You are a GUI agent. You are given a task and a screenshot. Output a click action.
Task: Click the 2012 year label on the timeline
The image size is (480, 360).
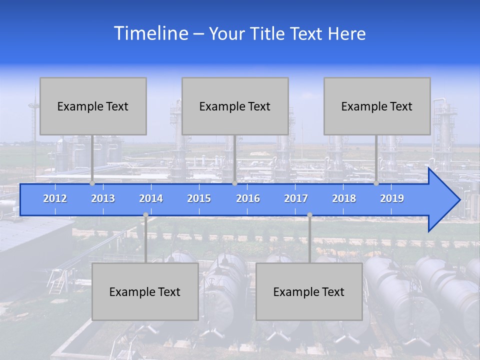(x=55, y=198)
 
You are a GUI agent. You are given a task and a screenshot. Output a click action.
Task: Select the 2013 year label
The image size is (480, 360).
(x=103, y=198)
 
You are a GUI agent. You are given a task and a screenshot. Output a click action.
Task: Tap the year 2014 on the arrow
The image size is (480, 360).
(x=151, y=198)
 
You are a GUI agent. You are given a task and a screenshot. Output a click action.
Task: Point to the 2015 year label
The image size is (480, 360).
(x=199, y=198)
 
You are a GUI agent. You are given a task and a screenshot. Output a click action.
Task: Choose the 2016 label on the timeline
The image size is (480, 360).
(x=248, y=198)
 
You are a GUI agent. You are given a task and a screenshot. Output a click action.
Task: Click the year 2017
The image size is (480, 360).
(x=296, y=198)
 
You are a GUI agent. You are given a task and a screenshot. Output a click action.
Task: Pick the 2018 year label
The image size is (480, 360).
(x=344, y=198)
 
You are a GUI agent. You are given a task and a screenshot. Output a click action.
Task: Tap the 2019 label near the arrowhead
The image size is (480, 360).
(x=392, y=198)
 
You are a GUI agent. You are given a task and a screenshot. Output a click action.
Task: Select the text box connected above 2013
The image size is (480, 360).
(x=93, y=106)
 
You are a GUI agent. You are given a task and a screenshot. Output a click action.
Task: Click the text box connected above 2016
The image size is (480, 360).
(x=235, y=106)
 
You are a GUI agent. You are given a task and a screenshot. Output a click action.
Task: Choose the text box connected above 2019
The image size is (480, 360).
(x=377, y=106)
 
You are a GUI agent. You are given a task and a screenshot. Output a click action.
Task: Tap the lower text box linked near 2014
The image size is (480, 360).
(x=145, y=291)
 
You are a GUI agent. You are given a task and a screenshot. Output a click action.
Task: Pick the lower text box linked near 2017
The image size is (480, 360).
(x=309, y=291)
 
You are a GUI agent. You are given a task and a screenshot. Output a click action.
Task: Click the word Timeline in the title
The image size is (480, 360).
(x=150, y=33)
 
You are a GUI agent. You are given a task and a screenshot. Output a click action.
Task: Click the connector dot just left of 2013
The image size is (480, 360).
(x=92, y=183)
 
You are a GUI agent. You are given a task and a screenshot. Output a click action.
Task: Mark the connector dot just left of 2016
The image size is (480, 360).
(x=234, y=183)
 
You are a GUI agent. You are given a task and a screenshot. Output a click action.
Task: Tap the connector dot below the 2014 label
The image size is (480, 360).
(x=145, y=215)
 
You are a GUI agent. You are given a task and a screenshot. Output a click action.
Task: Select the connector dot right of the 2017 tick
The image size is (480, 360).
(x=309, y=215)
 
